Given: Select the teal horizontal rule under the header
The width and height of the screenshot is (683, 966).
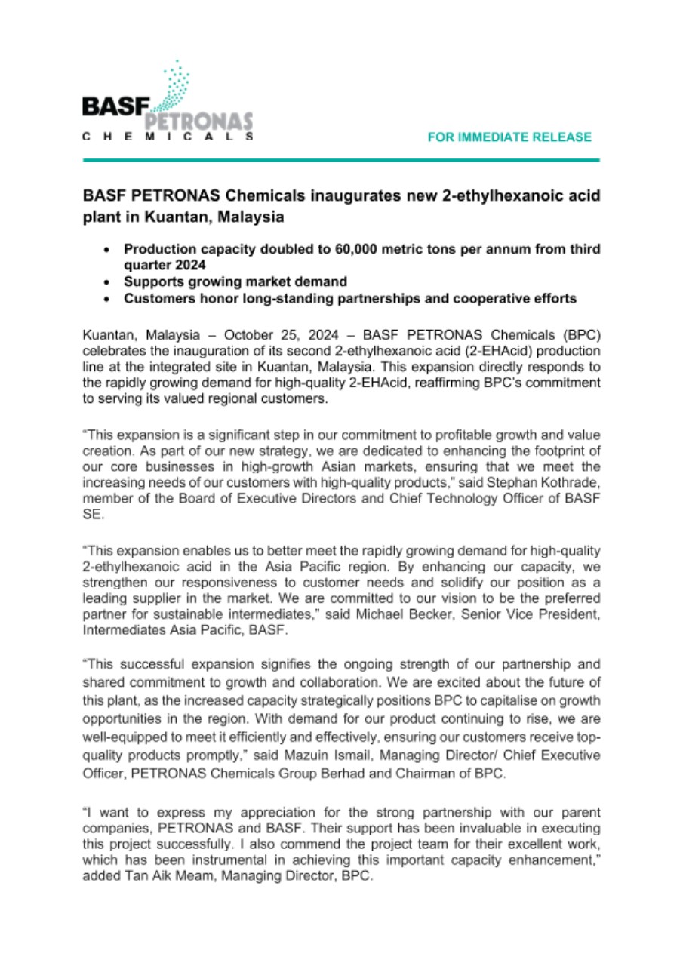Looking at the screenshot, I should (341, 160).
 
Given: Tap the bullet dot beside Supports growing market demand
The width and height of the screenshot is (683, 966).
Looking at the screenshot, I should (110, 281).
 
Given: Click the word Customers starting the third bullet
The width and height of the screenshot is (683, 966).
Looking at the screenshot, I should (157, 299).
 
